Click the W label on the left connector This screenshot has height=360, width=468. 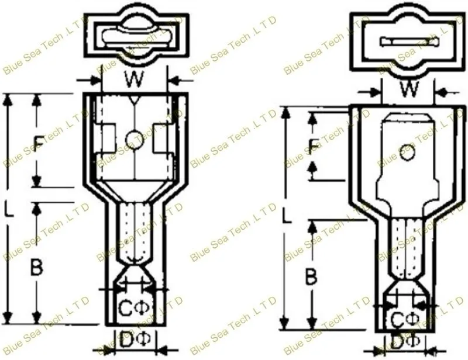[134, 79]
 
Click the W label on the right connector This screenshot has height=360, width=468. [409, 89]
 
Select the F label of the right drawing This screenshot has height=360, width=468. [313, 146]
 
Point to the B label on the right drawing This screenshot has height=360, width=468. [312, 276]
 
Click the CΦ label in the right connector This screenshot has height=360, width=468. [405, 320]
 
